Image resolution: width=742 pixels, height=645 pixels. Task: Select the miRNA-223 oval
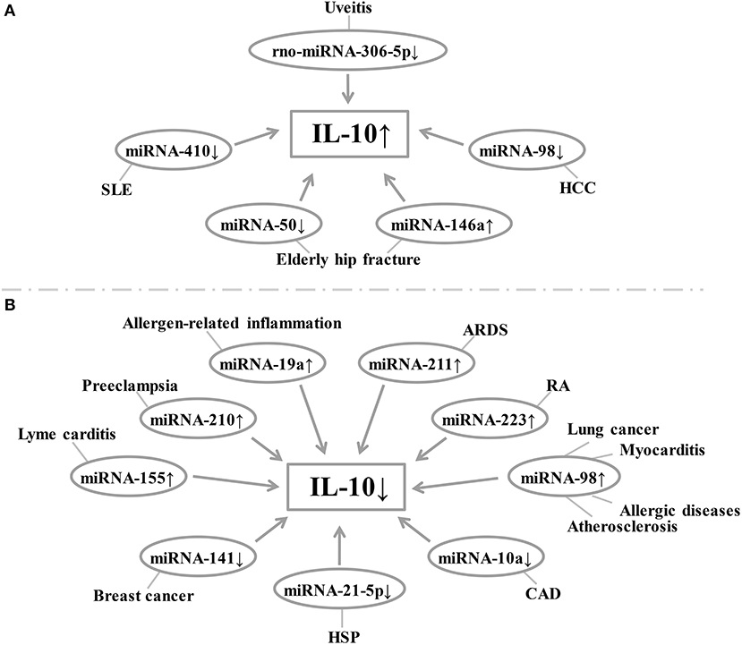coord(488,417)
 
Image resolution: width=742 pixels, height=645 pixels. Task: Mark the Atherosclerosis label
coord(628,526)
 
